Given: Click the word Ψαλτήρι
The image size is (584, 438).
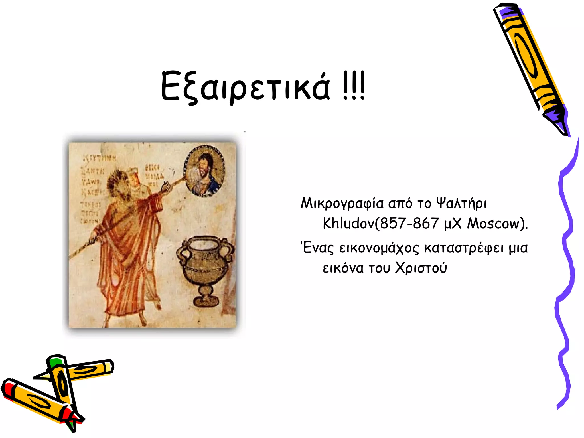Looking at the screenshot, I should [461, 204].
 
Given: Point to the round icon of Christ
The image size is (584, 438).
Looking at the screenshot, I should [204, 171].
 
